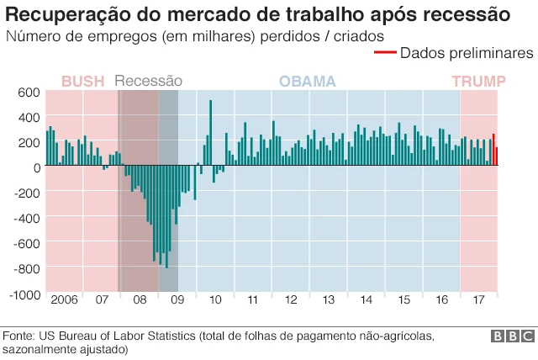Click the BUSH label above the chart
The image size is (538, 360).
click(82, 82)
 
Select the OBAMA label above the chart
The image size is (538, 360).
click(307, 82)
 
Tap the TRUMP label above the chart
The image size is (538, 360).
click(478, 82)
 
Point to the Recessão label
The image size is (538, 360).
click(148, 82)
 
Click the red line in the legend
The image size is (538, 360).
click(384, 53)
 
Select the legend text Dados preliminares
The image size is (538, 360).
click(467, 53)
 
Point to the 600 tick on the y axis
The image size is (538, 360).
click(29, 92)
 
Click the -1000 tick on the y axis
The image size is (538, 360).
click(24, 295)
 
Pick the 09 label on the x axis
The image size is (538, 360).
click(177, 300)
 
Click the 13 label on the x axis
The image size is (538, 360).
click(329, 300)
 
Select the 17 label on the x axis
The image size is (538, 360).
click(479, 300)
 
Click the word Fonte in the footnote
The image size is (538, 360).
click(18, 336)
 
